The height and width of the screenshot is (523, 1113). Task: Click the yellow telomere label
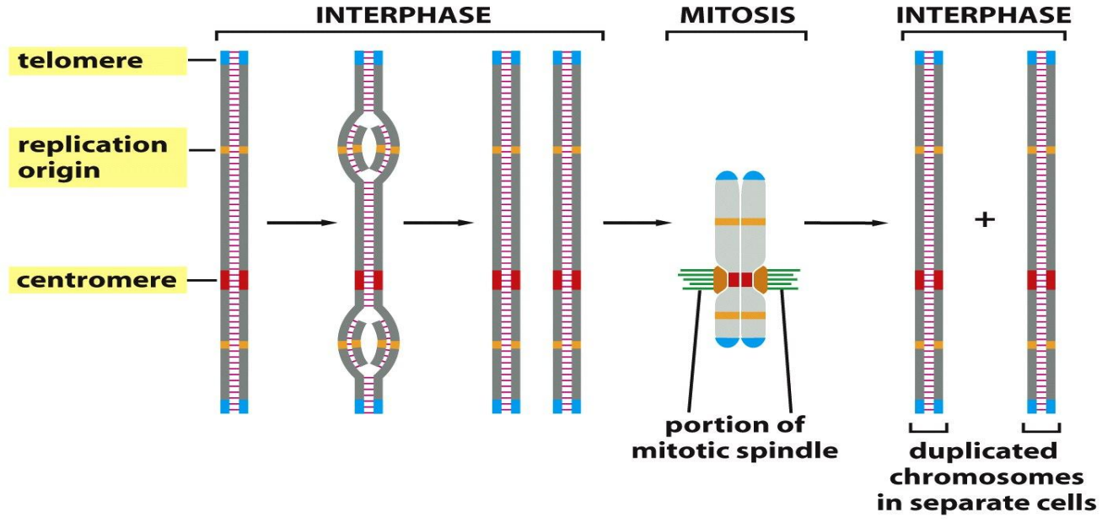click(97, 61)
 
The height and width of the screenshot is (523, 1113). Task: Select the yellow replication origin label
click(97, 157)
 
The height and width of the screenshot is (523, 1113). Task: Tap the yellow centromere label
click(97, 280)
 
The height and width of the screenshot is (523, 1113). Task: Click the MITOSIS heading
click(735, 15)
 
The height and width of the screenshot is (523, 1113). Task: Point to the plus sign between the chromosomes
click(984, 219)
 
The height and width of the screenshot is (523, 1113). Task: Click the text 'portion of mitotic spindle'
click(735, 437)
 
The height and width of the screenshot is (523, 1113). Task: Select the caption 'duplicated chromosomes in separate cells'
click(987, 477)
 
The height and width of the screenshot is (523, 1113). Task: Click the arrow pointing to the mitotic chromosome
click(637, 223)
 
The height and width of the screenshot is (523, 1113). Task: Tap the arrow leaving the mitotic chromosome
click(846, 223)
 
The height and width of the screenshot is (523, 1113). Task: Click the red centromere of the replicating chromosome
click(368, 280)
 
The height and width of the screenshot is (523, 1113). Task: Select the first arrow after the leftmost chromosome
click(301, 223)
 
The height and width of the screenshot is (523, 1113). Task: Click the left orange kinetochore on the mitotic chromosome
click(719, 280)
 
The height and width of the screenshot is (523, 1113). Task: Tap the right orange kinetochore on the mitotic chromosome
click(761, 280)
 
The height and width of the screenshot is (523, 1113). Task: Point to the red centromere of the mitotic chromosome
click(739, 279)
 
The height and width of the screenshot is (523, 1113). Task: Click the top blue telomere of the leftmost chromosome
click(234, 57)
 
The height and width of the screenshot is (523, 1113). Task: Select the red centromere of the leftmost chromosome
click(234, 280)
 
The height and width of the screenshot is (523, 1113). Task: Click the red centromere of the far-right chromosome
click(1040, 280)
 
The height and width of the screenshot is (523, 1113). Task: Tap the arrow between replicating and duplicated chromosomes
click(438, 223)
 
